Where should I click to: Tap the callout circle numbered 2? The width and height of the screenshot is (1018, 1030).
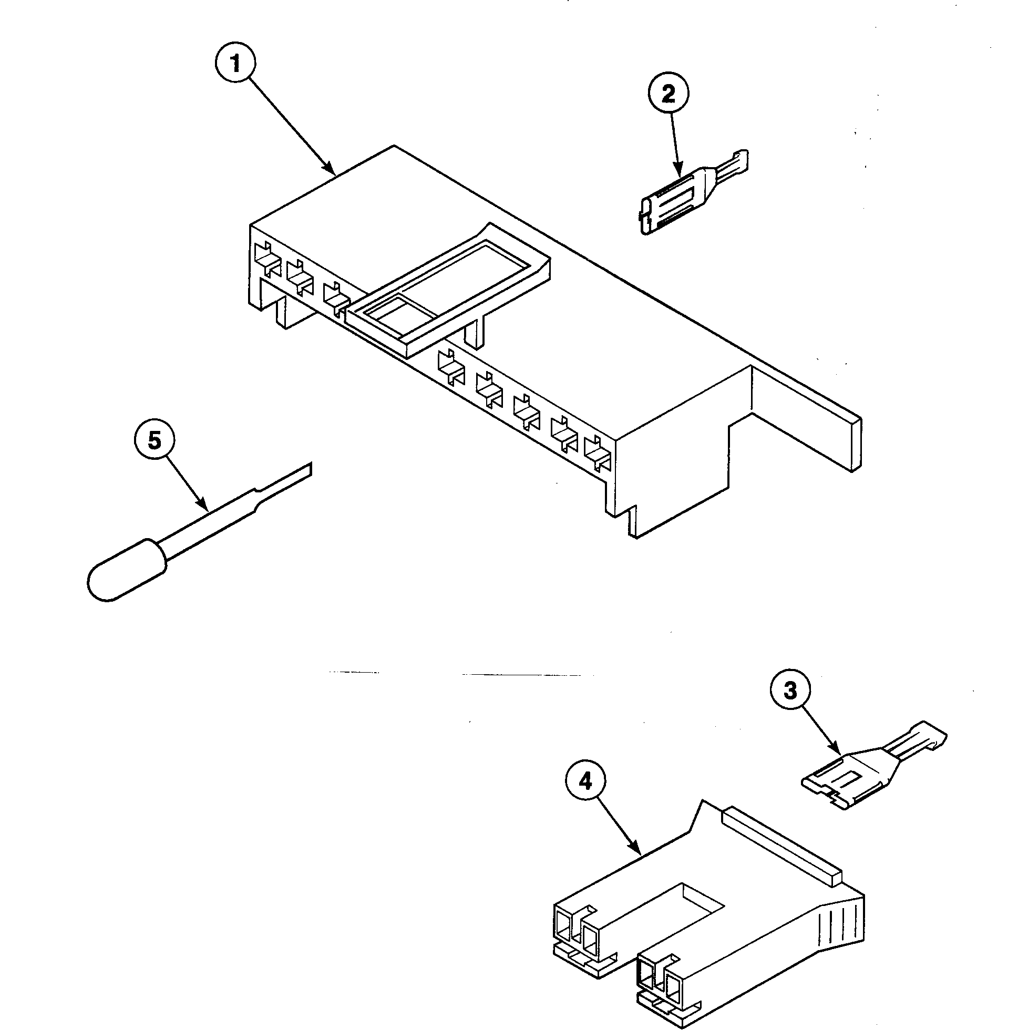[668, 95]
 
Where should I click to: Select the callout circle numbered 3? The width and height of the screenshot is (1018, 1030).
[790, 691]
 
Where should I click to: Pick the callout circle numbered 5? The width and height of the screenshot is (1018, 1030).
[154, 441]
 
